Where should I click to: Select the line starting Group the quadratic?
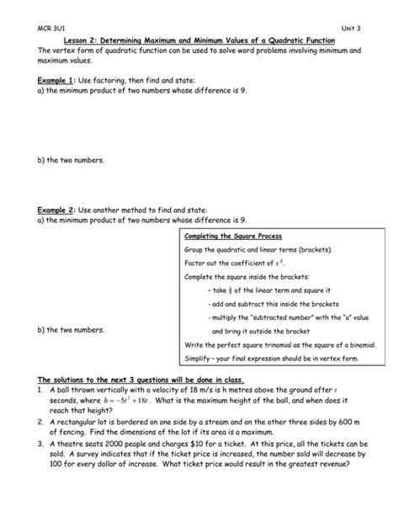258,250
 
